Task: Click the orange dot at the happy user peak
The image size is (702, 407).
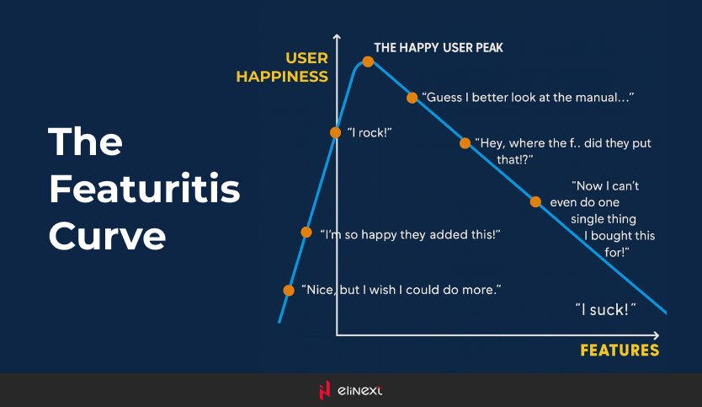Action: [368, 62]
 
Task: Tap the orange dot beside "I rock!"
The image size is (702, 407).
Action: [335, 132]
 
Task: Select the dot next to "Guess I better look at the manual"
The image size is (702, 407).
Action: [412, 98]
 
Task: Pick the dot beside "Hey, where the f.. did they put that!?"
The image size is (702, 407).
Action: [465, 143]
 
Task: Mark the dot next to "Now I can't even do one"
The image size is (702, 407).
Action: [535, 201]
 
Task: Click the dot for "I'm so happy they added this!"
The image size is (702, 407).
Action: [306, 233]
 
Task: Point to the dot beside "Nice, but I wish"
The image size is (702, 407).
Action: [289, 291]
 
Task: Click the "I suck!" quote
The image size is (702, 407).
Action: [605, 309]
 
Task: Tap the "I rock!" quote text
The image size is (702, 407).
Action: [370, 132]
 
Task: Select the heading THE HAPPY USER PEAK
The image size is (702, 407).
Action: [439, 47]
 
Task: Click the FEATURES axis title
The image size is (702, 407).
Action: [620, 350]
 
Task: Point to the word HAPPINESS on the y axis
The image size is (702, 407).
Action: [282, 77]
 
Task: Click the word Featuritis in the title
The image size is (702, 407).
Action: [145, 188]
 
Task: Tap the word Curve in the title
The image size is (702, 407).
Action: [108, 235]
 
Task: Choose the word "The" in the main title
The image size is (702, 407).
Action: [86, 142]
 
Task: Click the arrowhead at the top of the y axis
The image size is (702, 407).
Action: [337, 36]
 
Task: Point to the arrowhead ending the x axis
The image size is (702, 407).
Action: [657, 335]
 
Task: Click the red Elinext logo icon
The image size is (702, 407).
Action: [324, 390]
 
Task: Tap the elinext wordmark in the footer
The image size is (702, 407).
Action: [359, 390]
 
